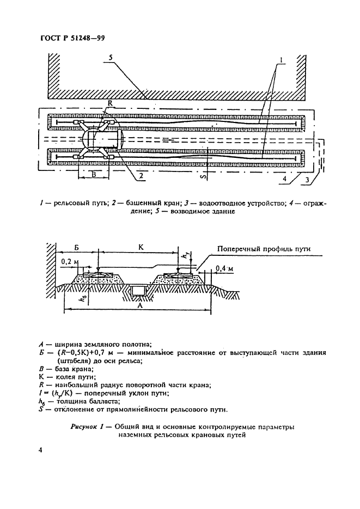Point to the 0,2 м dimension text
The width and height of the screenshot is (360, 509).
[x=69, y=262]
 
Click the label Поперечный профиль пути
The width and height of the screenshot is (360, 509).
[x=264, y=249]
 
